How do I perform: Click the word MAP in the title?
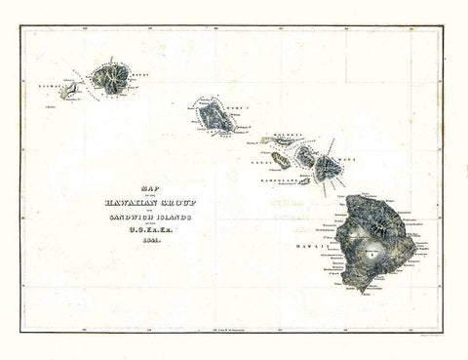tap(149, 190)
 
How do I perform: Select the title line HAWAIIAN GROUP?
tap(149, 202)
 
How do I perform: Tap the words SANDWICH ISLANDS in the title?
tap(149, 217)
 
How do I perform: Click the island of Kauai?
tap(111, 78)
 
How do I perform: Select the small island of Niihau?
tap(70, 92)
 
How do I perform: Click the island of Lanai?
tap(281, 161)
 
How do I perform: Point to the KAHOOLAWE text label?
tap(277, 181)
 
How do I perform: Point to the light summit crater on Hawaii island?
tap(371, 251)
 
